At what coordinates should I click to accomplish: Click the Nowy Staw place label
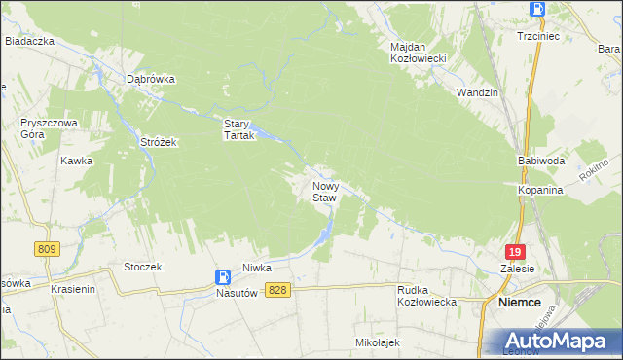324,191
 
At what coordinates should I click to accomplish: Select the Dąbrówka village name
150,80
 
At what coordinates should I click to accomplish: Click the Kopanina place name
541,191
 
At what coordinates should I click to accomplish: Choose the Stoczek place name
142,266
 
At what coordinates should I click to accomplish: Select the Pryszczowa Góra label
44,129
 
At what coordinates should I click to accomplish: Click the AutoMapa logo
562,341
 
